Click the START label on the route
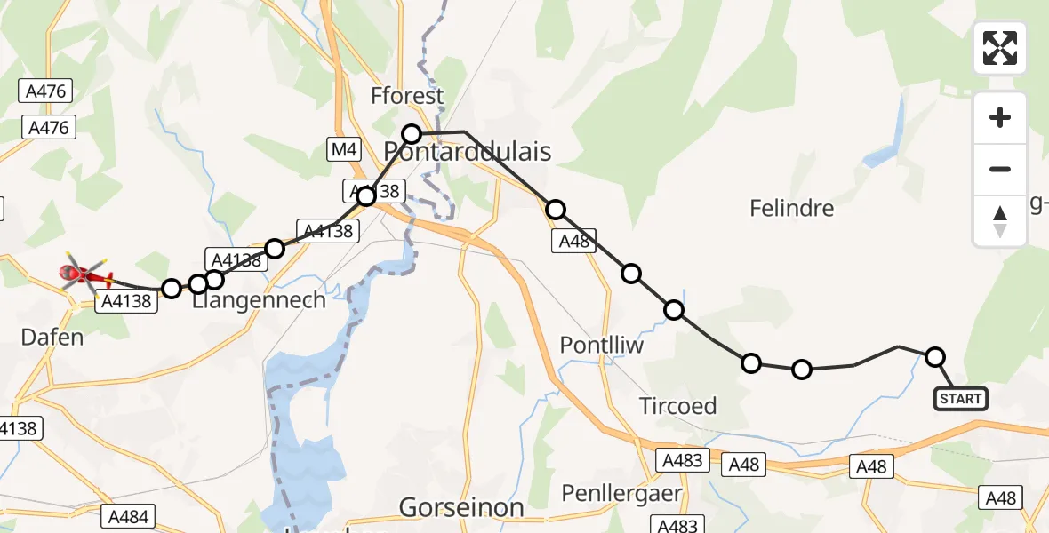tap(960, 399)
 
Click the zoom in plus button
tap(1000, 117)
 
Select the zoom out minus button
tap(1000, 169)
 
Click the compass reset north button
tap(1000, 220)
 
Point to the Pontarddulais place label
tap(468, 151)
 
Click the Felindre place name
tap(791, 209)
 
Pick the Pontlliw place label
tap(601, 345)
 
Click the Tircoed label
tap(677, 406)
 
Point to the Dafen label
tap(53, 337)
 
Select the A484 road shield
tap(128, 515)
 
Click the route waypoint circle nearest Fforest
tap(412, 134)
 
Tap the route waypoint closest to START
tap(934, 357)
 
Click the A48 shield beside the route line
tap(575, 242)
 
